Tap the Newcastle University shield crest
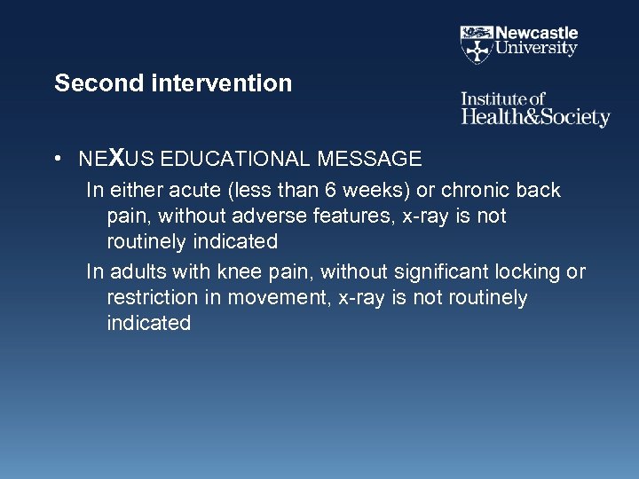[x=476, y=42]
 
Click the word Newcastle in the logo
[x=536, y=33]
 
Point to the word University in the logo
[x=536, y=49]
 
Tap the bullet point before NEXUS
[x=57, y=161]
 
